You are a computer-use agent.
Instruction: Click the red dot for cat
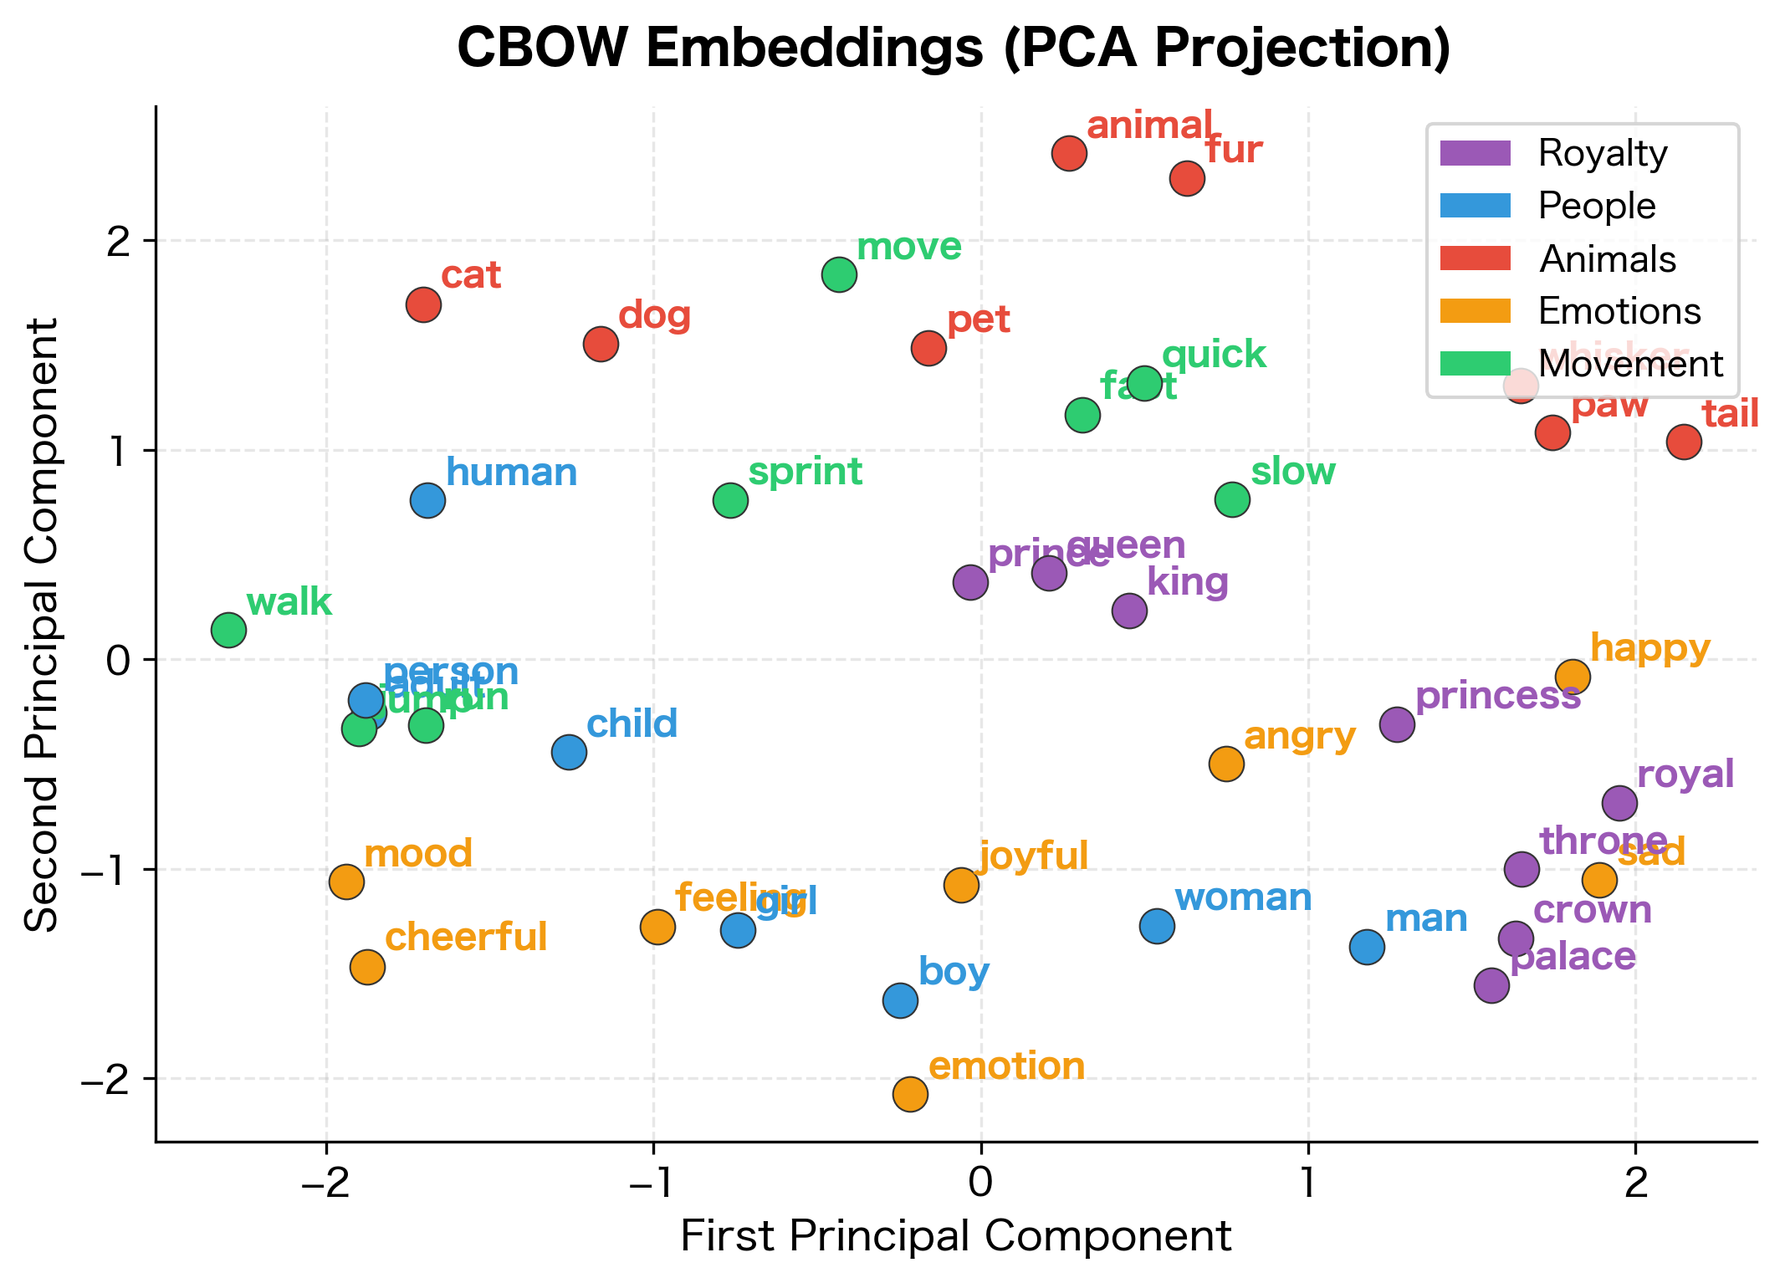(x=423, y=304)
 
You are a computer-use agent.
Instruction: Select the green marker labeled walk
(x=228, y=630)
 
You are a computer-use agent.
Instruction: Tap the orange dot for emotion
(x=910, y=1094)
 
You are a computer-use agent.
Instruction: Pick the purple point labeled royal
(x=1619, y=804)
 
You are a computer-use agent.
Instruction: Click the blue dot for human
(x=427, y=501)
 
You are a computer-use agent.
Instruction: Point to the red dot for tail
(x=1684, y=442)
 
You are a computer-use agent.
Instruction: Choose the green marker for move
(x=839, y=274)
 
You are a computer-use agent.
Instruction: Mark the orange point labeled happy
(x=1573, y=677)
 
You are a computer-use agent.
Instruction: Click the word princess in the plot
(x=1497, y=696)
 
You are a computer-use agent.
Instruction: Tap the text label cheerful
(x=466, y=938)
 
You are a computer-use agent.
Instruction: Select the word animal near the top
(x=1149, y=126)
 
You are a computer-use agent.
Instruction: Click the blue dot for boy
(x=900, y=1000)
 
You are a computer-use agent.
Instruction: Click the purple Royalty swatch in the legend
(x=1475, y=153)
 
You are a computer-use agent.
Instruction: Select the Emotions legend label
(x=1619, y=312)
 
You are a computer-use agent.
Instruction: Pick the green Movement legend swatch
(x=1475, y=364)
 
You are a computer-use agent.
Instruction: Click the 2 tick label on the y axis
(x=124, y=242)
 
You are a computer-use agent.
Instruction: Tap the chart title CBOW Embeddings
(x=954, y=49)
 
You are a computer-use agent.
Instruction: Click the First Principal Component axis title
(x=955, y=1237)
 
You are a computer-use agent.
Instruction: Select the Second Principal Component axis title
(x=42, y=623)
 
